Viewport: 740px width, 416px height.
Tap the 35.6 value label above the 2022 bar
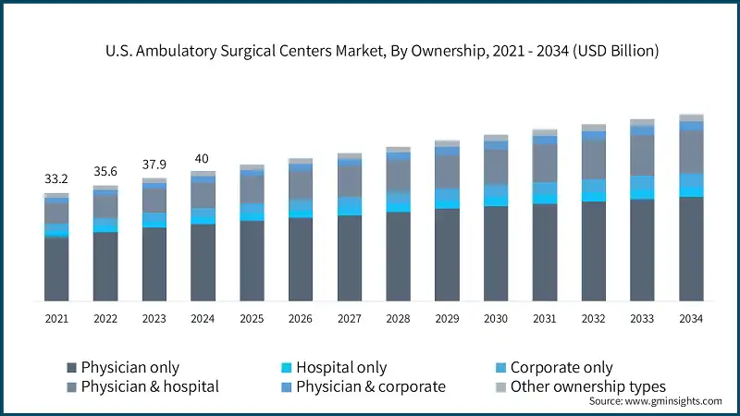point(105,171)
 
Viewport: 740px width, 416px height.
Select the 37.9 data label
point(154,165)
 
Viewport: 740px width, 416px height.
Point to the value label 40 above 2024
point(203,158)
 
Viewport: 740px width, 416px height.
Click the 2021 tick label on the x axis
point(56,318)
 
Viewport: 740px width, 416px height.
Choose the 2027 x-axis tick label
point(350,318)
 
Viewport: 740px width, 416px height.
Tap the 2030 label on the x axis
point(496,318)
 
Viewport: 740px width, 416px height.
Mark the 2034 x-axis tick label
point(691,318)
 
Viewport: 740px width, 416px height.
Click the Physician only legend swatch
point(72,368)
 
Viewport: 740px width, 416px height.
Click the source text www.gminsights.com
point(674,401)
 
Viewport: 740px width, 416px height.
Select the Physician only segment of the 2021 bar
point(56,268)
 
